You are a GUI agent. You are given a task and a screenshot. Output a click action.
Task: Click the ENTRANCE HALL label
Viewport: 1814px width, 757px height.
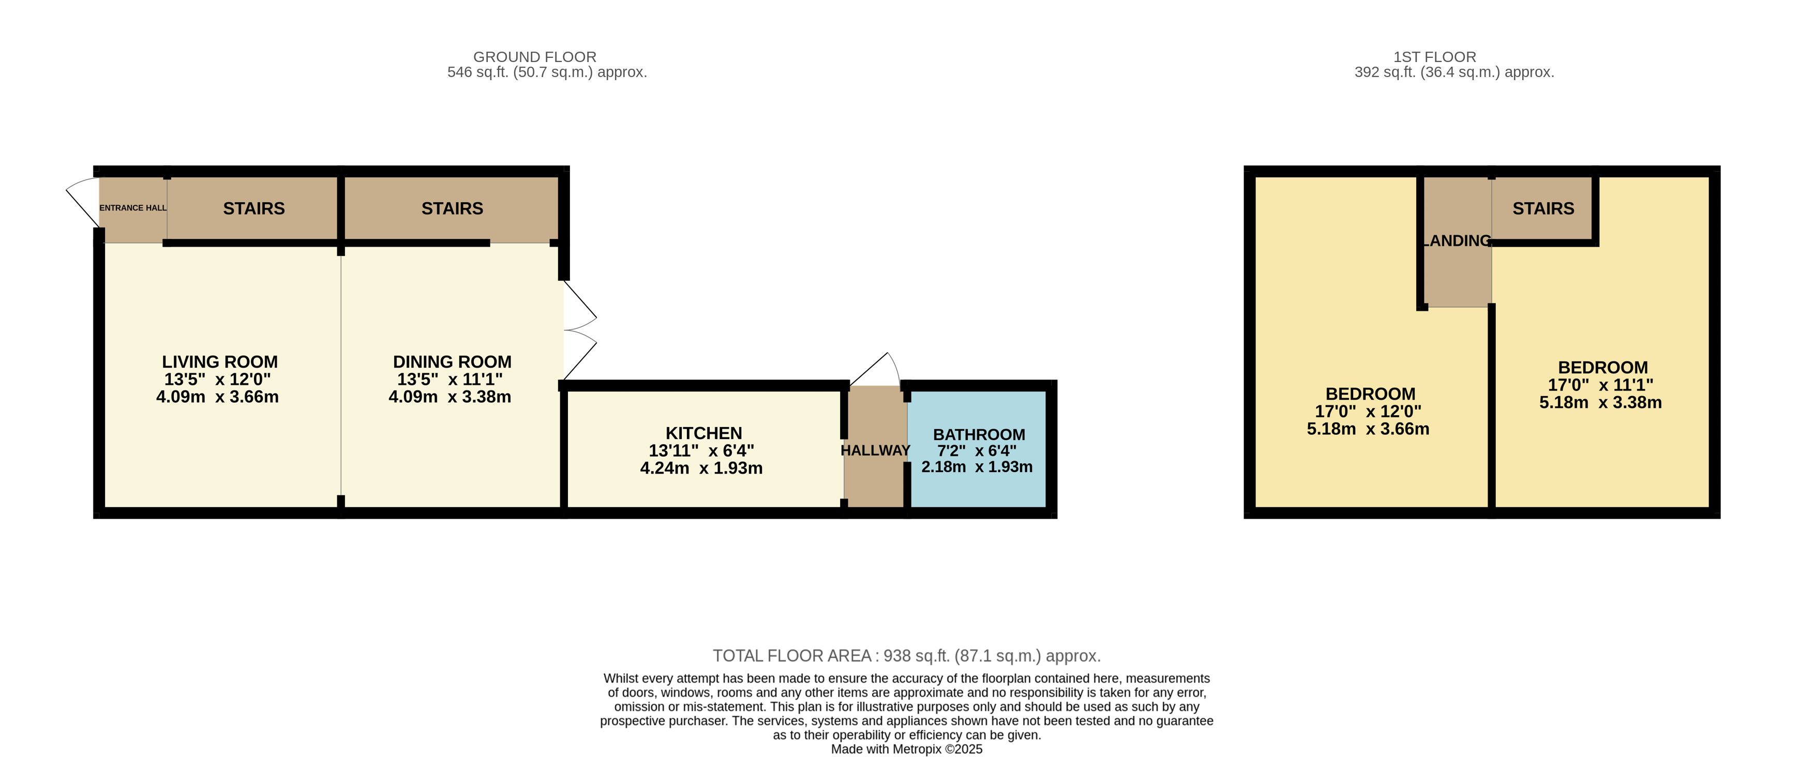(x=133, y=208)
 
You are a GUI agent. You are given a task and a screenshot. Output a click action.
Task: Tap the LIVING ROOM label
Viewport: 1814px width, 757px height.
(x=220, y=362)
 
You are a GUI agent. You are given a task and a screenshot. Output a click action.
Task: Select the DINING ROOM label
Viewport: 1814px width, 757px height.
(x=452, y=362)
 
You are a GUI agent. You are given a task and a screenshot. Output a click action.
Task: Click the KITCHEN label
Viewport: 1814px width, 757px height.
(x=703, y=433)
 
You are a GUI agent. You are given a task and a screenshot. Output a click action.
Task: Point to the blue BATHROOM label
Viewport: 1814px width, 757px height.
(x=979, y=434)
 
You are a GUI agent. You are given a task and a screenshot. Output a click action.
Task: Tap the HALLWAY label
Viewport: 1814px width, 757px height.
(x=875, y=450)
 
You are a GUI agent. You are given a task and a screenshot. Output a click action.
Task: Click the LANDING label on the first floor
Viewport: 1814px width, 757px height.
(x=1457, y=241)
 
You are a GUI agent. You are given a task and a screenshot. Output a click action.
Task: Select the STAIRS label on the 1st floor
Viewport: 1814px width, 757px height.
(x=1543, y=208)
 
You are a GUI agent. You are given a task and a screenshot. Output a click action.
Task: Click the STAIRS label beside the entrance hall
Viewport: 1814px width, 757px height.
(x=253, y=208)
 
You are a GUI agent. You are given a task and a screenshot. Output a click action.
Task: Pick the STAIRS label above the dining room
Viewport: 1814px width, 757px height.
(x=452, y=208)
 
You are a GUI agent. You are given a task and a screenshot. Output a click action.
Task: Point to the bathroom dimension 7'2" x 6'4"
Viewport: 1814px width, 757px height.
(x=977, y=451)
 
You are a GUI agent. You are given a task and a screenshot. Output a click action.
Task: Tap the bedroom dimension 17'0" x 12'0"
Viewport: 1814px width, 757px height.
(x=1368, y=411)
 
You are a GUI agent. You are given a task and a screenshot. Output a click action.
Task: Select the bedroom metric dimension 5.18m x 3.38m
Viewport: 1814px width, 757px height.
(x=1600, y=403)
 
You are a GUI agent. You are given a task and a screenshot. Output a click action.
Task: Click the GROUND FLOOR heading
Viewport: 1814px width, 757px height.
(x=534, y=57)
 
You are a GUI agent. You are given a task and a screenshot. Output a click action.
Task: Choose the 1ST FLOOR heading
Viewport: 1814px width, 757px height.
(x=1434, y=57)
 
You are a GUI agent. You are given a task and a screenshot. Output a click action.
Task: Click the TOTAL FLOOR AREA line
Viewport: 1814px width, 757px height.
(x=906, y=656)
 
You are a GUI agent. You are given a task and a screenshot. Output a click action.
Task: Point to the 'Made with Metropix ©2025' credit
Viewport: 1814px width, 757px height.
(x=906, y=749)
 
